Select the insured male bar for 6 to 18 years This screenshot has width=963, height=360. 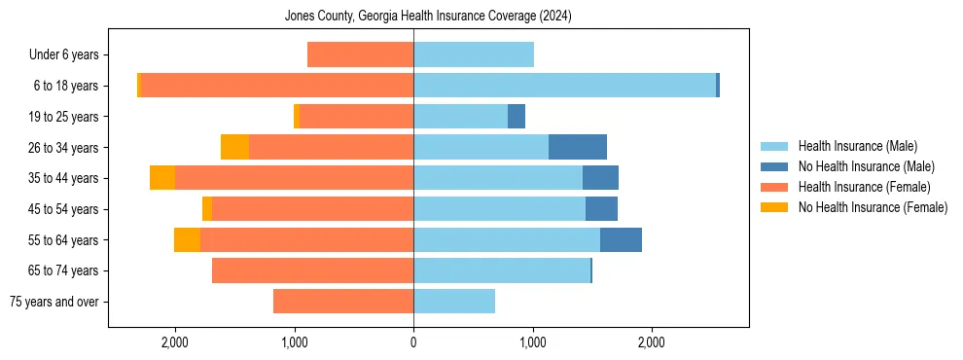click(x=564, y=86)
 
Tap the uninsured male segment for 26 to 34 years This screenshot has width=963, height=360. click(x=578, y=147)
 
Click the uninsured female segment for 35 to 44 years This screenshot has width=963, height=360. click(x=162, y=178)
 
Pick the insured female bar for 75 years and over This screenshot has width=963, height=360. click(x=343, y=302)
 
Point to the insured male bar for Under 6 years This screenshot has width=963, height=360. click(x=474, y=54)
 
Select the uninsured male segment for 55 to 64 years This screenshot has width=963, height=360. click(x=621, y=239)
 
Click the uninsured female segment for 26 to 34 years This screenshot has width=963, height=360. click(x=234, y=147)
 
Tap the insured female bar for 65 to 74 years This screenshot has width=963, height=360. click(x=312, y=270)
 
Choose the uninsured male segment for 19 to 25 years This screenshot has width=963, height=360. click(x=517, y=117)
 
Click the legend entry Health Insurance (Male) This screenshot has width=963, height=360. click(x=857, y=146)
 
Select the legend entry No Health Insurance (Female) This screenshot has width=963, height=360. click(x=873, y=207)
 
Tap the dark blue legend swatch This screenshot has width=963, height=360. click(x=775, y=166)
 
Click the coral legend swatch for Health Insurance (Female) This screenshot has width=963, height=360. click(x=775, y=187)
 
